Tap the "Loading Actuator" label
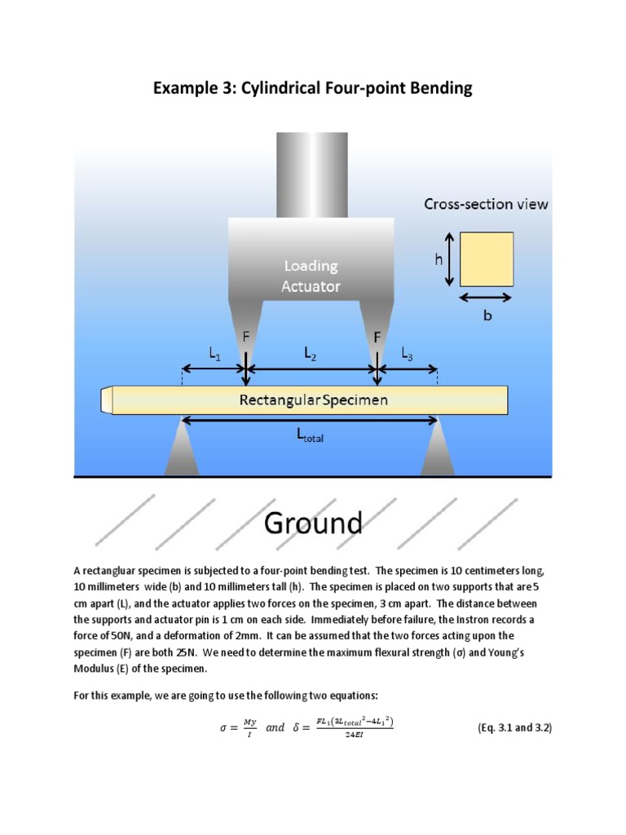pyautogui.click(x=311, y=276)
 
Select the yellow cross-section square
pyautogui.click(x=487, y=258)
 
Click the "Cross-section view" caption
pyautogui.click(x=486, y=204)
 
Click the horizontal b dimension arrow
pyautogui.click(x=487, y=298)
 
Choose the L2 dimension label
pyautogui.click(x=311, y=353)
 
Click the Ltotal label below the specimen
pyautogui.click(x=310, y=436)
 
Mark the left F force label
pyautogui.click(x=245, y=335)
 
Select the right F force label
pyautogui.click(x=377, y=335)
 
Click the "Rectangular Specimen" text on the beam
pyautogui.click(x=313, y=400)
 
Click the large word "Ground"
pyautogui.click(x=313, y=522)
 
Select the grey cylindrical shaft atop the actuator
pyautogui.click(x=311, y=175)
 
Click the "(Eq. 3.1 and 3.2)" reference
pyautogui.click(x=514, y=727)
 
